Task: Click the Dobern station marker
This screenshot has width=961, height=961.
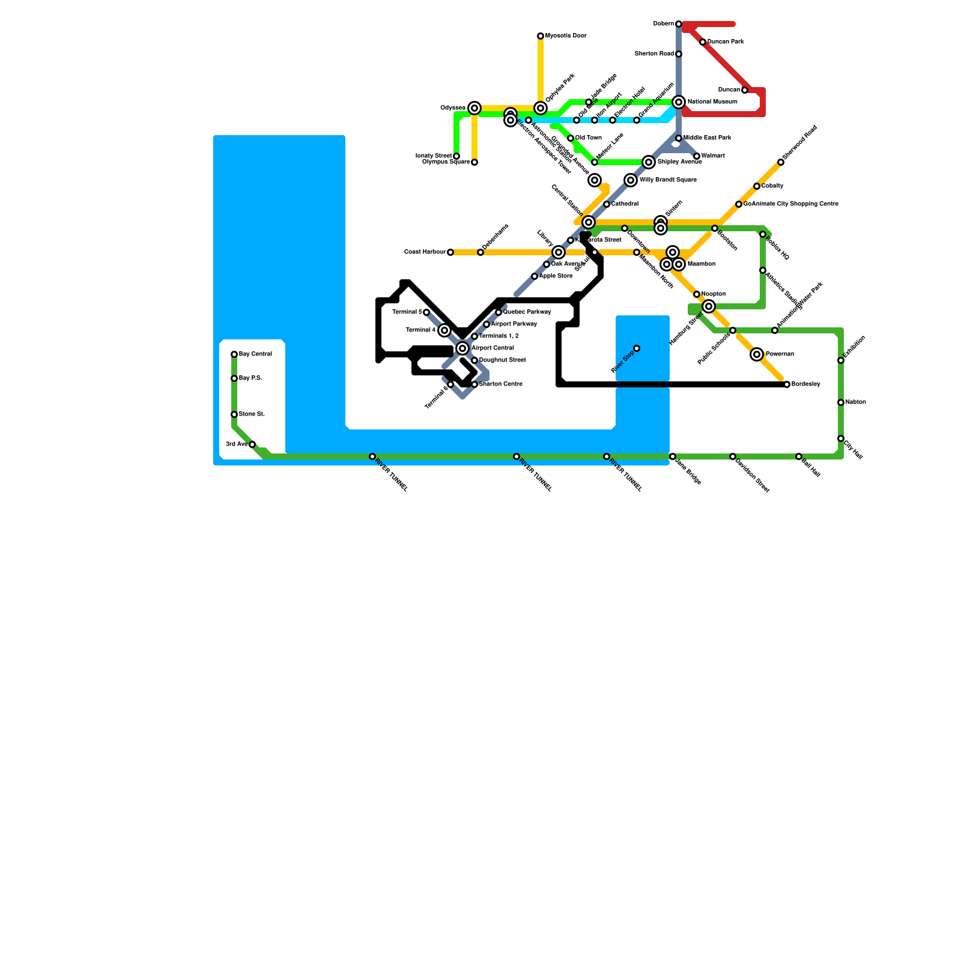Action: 679,24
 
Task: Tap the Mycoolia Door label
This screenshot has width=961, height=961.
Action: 566,36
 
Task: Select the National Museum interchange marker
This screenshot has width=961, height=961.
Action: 679,102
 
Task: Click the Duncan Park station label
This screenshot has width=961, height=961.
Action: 726,42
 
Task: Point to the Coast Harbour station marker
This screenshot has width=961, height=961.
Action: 450,252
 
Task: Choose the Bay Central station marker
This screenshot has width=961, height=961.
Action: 234,354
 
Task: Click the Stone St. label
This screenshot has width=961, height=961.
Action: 252,414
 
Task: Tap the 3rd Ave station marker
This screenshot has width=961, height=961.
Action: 252,444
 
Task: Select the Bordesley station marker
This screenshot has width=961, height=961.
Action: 787,384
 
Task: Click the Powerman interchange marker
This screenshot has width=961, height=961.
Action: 757,354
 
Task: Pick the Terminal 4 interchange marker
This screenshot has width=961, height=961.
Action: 444,330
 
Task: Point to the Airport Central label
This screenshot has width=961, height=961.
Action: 493,348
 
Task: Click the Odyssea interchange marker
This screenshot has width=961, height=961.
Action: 474,108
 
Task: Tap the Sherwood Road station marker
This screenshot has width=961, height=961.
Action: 781,162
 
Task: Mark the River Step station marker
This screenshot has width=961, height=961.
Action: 637,348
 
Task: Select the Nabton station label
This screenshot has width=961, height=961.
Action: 855,402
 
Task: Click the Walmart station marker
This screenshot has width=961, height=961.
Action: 697,156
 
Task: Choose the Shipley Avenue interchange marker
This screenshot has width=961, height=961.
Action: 649,162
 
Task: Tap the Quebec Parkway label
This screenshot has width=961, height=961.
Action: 527,312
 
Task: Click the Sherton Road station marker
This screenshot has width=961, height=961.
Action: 679,54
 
